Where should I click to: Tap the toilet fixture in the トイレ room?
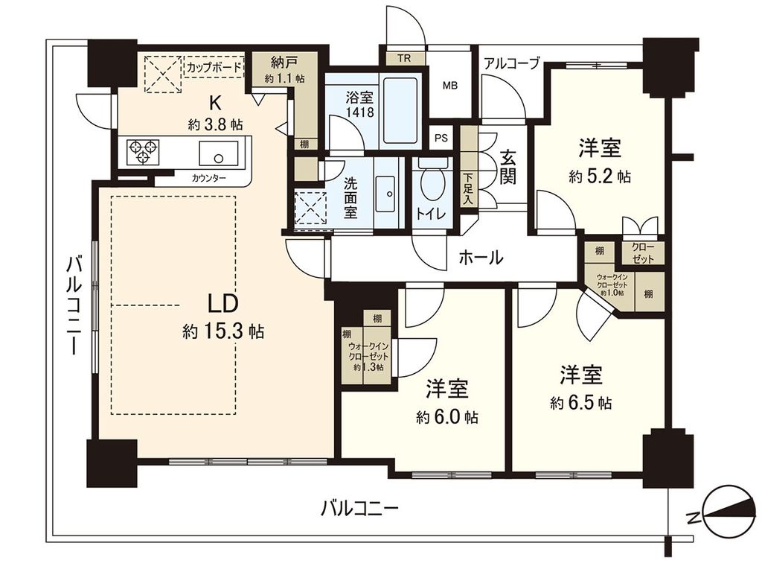tap(430, 182)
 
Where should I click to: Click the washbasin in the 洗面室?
tap(387, 191)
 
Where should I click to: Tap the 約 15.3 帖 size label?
tap(222, 331)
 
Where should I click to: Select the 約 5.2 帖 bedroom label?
tap(600, 177)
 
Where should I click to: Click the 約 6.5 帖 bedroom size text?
tap(581, 403)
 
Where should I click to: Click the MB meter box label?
tap(451, 86)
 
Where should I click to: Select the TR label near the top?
tap(403, 58)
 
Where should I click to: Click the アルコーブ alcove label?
tap(511, 63)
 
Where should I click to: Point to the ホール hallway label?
tap(480, 258)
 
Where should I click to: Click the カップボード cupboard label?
tap(214, 66)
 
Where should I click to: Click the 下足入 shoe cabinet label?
tap(468, 188)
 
